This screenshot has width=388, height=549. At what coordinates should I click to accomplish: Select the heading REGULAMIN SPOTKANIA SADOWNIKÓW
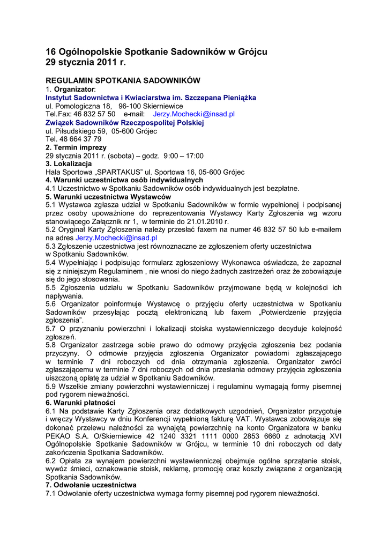(x=123, y=80)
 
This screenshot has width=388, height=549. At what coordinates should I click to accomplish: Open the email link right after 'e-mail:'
(x=194, y=114)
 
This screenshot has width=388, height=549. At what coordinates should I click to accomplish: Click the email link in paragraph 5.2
(x=116, y=238)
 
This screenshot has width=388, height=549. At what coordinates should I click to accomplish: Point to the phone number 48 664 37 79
(x=80, y=139)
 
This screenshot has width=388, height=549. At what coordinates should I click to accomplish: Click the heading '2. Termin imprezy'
(x=76, y=147)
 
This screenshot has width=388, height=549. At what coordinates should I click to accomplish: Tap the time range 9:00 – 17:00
(x=184, y=155)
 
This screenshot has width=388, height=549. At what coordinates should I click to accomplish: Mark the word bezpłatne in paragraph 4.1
(x=282, y=189)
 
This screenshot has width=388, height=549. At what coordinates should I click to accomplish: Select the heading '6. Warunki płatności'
(x=80, y=403)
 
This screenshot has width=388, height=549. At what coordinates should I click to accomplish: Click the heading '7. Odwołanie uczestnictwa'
(x=91, y=485)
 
